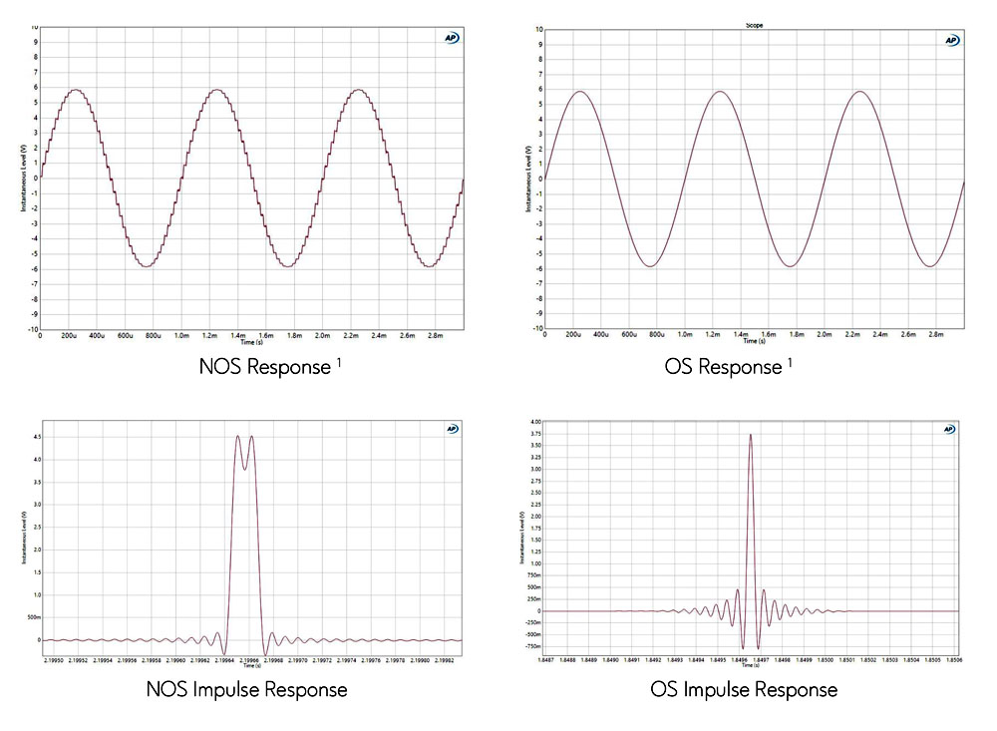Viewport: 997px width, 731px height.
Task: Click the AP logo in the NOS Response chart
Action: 452,38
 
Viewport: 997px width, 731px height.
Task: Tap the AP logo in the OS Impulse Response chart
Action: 949,429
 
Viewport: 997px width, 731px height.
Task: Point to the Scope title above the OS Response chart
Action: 755,25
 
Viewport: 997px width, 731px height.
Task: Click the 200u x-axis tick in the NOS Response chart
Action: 69,337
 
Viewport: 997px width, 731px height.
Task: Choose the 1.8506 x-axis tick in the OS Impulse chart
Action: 952,659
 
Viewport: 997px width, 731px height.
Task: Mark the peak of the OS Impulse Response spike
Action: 750,434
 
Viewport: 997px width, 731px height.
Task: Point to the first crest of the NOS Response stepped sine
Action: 74,90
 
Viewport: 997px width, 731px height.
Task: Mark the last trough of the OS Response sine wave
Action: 930,266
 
